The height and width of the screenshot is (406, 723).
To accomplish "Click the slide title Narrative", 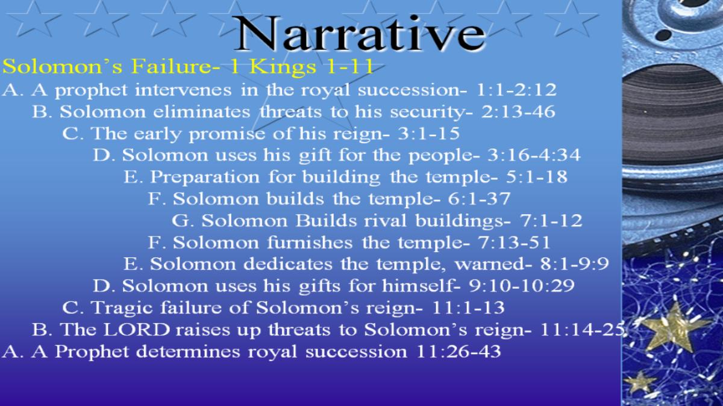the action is click(359, 33).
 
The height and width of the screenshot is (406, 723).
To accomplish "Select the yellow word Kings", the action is click(283, 67).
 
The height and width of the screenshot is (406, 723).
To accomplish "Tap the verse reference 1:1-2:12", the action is click(516, 90).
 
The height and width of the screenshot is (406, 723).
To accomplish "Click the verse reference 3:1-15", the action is click(428, 134).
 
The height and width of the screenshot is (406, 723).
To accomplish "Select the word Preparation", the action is click(205, 177).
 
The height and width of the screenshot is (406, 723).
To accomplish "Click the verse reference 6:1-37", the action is click(479, 198).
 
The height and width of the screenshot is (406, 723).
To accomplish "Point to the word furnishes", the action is click(310, 242).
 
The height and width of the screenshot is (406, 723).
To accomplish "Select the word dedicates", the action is click(288, 264).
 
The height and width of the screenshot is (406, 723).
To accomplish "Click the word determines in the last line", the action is click(188, 351).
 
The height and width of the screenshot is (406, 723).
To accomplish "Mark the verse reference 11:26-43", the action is click(459, 351).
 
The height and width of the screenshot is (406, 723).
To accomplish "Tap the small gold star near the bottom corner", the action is click(640, 383).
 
